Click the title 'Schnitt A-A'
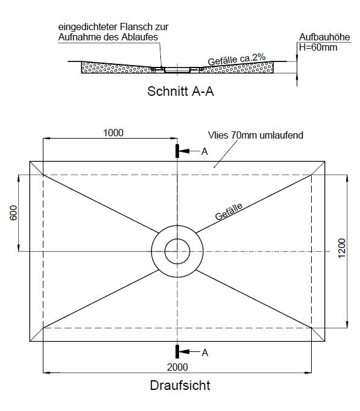pos(180,92)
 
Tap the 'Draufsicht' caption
pos(180,385)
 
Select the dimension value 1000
pos(113,133)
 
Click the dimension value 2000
pos(177,367)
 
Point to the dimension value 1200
pos(342,248)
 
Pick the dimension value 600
pos(13,213)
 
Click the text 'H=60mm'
pos(318,48)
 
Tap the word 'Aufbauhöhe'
pos(324,37)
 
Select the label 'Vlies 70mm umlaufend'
pos(256,135)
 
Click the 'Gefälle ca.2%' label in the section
pos(236,60)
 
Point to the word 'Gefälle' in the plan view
pos(229,212)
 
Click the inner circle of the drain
pos(177,239)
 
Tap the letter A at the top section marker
pos(204,151)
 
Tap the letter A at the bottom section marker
pos(205,353)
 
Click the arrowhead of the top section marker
pos(184,151)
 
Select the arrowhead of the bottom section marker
pos(184,351)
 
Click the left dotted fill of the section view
pos(116,68)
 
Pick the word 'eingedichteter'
pos(88,27)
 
